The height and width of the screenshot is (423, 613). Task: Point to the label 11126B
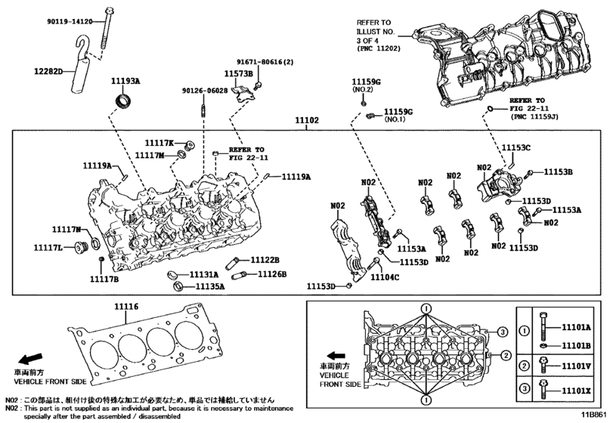tap(272, 273)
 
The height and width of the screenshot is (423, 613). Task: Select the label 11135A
tap(211, 287)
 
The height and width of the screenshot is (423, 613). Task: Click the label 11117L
tap(48, 247)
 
